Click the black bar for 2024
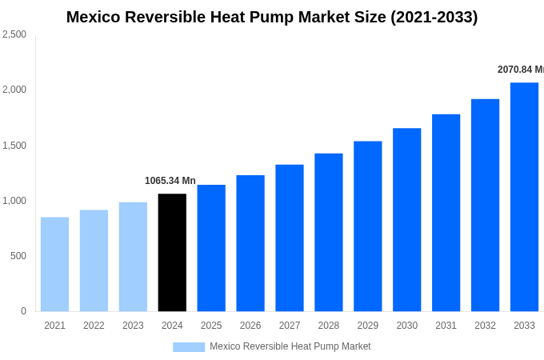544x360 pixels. click(172, 252)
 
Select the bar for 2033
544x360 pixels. click(524, 197)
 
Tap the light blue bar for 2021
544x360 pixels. click(54, 264)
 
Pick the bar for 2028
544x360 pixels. click(328, 232)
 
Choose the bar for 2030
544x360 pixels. click(406, 219)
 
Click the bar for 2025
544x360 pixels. click(211, 248)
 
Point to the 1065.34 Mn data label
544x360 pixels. click(170, 181)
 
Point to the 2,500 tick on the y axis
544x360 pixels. click(14, 34)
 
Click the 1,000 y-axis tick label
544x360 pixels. click(14, 201)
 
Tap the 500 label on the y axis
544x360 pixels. click(18, 256)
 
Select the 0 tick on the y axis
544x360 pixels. click(23, 311)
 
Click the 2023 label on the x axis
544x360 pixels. click(133, 326)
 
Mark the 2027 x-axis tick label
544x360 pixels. click(290, 326)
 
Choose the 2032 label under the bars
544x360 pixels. click(485, 326)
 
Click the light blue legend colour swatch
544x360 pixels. click(189, 347)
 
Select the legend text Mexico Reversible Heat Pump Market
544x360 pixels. click(290, 346)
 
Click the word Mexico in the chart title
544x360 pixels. click(96, 17)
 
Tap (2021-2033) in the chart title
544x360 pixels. click(434, 17)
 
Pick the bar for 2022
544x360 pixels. click(94, 261)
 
